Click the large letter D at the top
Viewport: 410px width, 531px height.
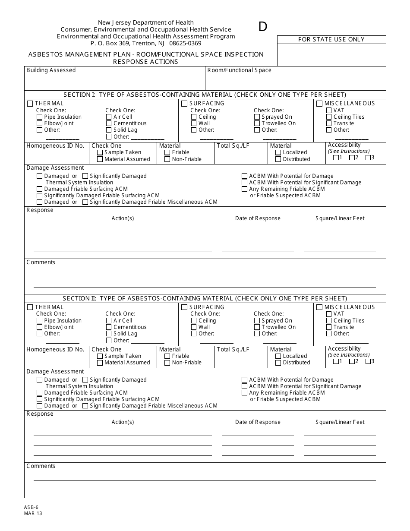click(x=263, y=27)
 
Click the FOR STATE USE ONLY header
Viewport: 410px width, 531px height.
click(x=331, y=39)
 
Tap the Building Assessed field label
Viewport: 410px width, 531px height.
click(x=51, y=70)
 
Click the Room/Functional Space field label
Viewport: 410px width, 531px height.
click(x=240, y=70)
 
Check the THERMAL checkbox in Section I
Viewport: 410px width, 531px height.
click(x=30, y=104)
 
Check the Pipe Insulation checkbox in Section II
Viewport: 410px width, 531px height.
click(x=40, y=321)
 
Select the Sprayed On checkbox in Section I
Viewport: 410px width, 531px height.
click(x=257, y=117)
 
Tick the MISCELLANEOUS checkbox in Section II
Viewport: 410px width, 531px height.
click(x=319, y=307)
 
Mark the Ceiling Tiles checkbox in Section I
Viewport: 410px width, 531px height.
click(x=329, y=117)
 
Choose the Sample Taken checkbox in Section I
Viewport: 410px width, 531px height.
click(x=100, y=152)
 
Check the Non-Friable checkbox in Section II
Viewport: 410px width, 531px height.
click(x=167, y=363)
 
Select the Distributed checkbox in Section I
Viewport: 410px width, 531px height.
click(x=278, y=159)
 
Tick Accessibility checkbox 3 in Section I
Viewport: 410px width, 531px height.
click(x=368, y=158)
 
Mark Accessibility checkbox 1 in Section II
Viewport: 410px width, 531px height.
click(x=336, y=361)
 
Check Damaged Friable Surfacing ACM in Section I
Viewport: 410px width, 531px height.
click(x=40, y=189)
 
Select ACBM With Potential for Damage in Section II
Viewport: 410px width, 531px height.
click(x=245, y=380)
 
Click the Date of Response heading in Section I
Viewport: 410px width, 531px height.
click(x=258, y=218)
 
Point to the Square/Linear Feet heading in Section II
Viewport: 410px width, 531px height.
click(x=340, y=422)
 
